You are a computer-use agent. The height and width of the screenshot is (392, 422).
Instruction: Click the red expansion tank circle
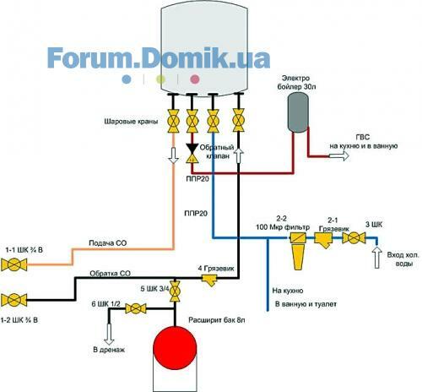pos(175,348)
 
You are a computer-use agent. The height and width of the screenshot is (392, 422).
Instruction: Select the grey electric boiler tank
pos(298,112)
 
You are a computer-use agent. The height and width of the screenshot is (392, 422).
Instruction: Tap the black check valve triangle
pos(192,148)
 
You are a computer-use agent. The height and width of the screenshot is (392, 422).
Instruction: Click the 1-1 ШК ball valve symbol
pos(14,264)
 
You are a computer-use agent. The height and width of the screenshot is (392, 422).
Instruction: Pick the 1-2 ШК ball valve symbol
pos(14,300)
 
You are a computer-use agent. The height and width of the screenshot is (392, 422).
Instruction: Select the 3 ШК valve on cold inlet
pos(354,238)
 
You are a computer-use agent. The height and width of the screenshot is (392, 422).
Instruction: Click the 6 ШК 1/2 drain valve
pos(136,308)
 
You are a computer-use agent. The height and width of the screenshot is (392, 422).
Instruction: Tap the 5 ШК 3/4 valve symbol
pos(175,291)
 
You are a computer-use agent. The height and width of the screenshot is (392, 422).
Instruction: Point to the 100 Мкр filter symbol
pos(298,251)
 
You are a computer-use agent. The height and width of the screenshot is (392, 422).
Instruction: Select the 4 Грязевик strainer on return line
pos(210,280)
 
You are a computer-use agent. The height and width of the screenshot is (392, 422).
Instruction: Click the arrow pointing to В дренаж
pos(109,335)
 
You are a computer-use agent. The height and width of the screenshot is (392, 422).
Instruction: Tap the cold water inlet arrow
pos(377,258)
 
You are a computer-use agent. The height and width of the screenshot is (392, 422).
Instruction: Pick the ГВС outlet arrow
pos(339,155)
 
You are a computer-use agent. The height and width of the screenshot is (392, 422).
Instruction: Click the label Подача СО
pos(108,243)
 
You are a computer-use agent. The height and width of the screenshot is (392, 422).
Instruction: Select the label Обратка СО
pos(111,274)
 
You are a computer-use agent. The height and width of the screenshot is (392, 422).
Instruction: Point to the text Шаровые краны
pos(131,122)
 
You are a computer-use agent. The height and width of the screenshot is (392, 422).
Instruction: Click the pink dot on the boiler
pos(195,79)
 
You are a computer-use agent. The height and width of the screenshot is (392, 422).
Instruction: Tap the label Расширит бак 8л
pos(217,320)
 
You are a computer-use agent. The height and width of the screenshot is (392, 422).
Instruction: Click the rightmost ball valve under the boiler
pos(239,120)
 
